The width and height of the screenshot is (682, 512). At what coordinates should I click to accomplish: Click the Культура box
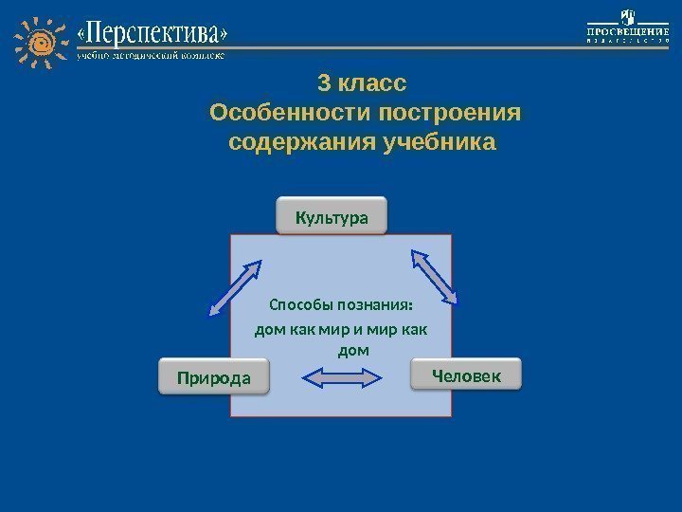tap(332, 216)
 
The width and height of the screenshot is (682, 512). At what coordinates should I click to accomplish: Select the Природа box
tap(213, 378)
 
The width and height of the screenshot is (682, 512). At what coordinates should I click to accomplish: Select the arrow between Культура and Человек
tap(434, 276)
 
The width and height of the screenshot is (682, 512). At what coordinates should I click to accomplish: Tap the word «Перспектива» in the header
tap(153, 35)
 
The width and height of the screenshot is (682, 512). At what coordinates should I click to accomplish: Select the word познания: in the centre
tap(374, 306)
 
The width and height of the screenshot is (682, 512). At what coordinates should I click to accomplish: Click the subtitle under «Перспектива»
tap(152, 57)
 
